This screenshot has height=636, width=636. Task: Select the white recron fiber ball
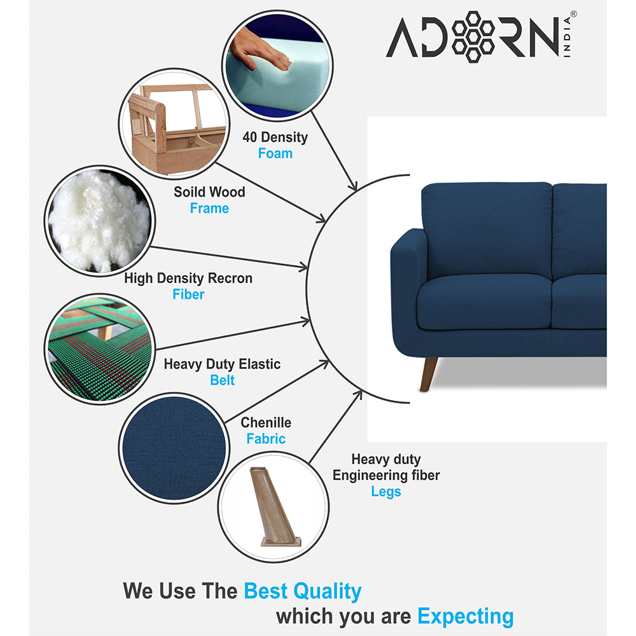[99, 220]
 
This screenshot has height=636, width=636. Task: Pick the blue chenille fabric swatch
[173, 448]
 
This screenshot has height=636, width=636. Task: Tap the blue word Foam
[275, 153]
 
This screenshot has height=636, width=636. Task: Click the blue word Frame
[209, 208]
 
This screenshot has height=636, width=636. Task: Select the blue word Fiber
[188, 294]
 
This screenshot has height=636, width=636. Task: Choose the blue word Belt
[222, 380]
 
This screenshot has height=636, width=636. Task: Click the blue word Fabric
[266, 439]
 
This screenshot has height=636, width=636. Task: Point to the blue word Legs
[386, 492]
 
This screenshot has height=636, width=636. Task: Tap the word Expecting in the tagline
[465, 616]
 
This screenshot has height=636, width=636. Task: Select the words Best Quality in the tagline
[302, 591]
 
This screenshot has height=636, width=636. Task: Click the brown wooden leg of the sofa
[428, 373]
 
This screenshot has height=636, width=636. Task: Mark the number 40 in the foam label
[251, 137]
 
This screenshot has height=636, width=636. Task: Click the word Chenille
[266, 422]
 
